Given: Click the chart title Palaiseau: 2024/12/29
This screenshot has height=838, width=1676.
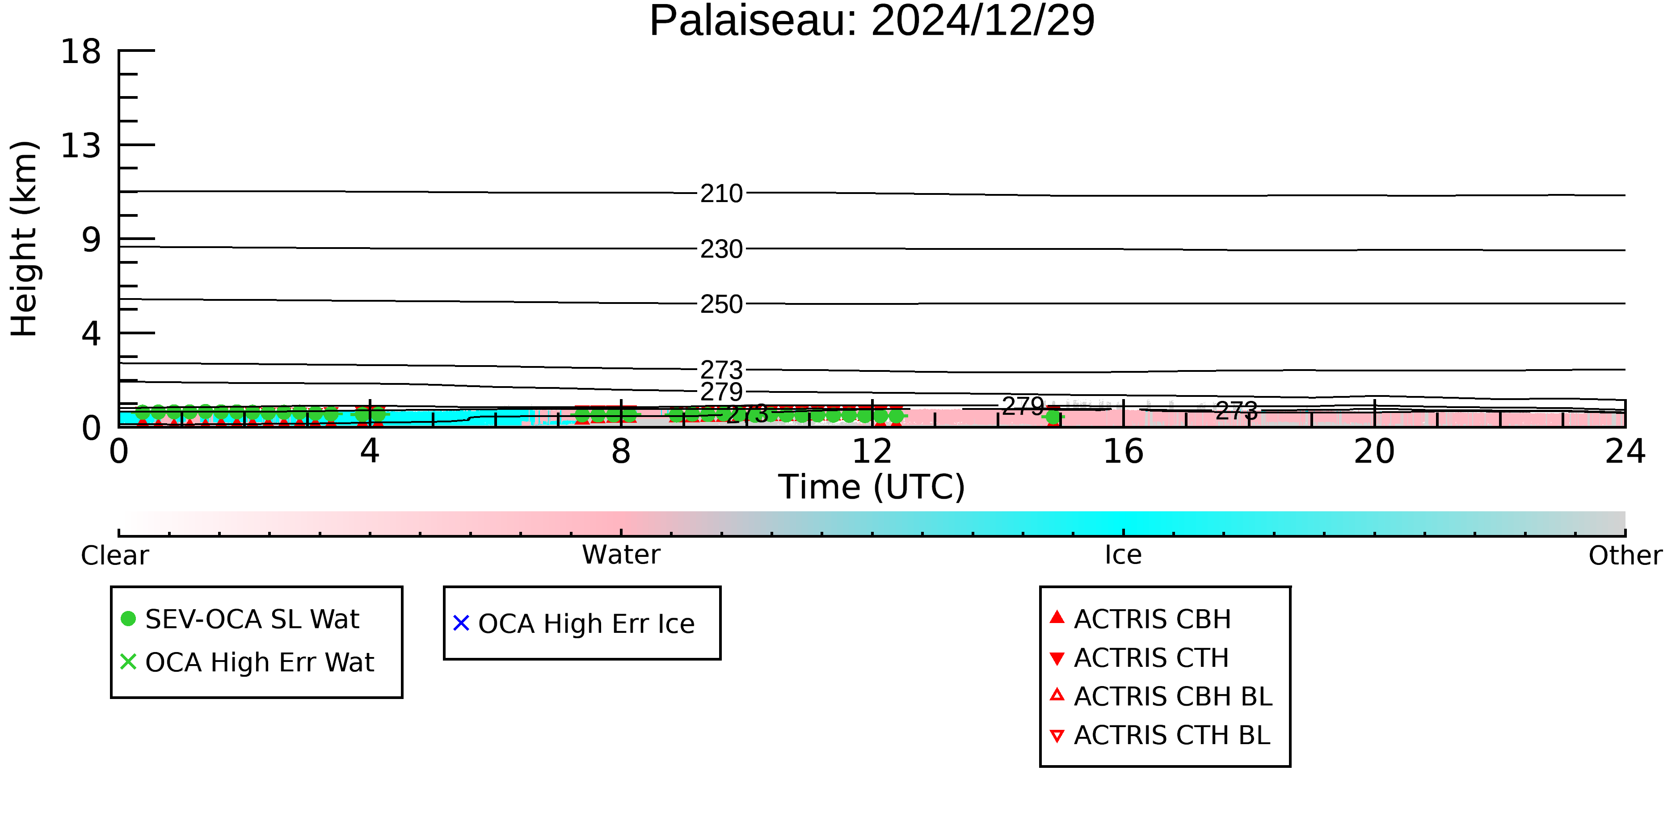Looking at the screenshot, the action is click(872, 21).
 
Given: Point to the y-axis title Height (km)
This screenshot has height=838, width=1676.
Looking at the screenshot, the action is click(25, 239).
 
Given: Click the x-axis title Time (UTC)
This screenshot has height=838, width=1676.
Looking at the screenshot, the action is click(872, 487).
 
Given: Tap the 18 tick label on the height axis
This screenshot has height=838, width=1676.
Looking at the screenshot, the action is click(81, 51).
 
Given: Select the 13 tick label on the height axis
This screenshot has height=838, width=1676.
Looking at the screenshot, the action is click(81, 145).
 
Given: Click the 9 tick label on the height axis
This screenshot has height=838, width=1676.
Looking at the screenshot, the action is click(92, 240).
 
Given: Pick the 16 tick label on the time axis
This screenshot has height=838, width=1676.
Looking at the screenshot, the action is click(1124, 451).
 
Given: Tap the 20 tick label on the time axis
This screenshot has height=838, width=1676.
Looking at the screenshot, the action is click(1375, 451).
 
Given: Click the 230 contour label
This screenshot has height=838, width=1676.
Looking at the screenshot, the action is click(721, 249).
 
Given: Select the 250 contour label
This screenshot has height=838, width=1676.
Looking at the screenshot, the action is click(721, 304).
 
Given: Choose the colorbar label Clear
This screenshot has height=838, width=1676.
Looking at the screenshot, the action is click(115, 556).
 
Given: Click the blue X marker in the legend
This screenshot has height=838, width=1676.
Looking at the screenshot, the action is click(461, 623).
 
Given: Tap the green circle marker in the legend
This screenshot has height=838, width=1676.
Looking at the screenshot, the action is click(129, 619).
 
